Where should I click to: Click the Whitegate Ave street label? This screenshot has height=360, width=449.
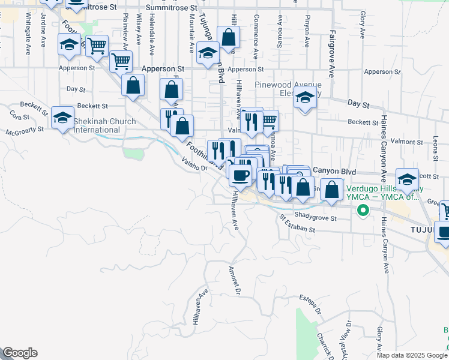point(28,40)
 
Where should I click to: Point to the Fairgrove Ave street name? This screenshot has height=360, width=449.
point(331,55)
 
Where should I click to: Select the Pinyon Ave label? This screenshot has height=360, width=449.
point(306,31)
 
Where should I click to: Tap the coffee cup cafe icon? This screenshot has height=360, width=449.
point(241,175)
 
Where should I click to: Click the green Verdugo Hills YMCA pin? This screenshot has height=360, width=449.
point(362,211)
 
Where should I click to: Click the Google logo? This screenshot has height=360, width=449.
point(20,353)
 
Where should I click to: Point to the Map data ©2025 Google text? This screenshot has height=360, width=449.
point(411,355)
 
